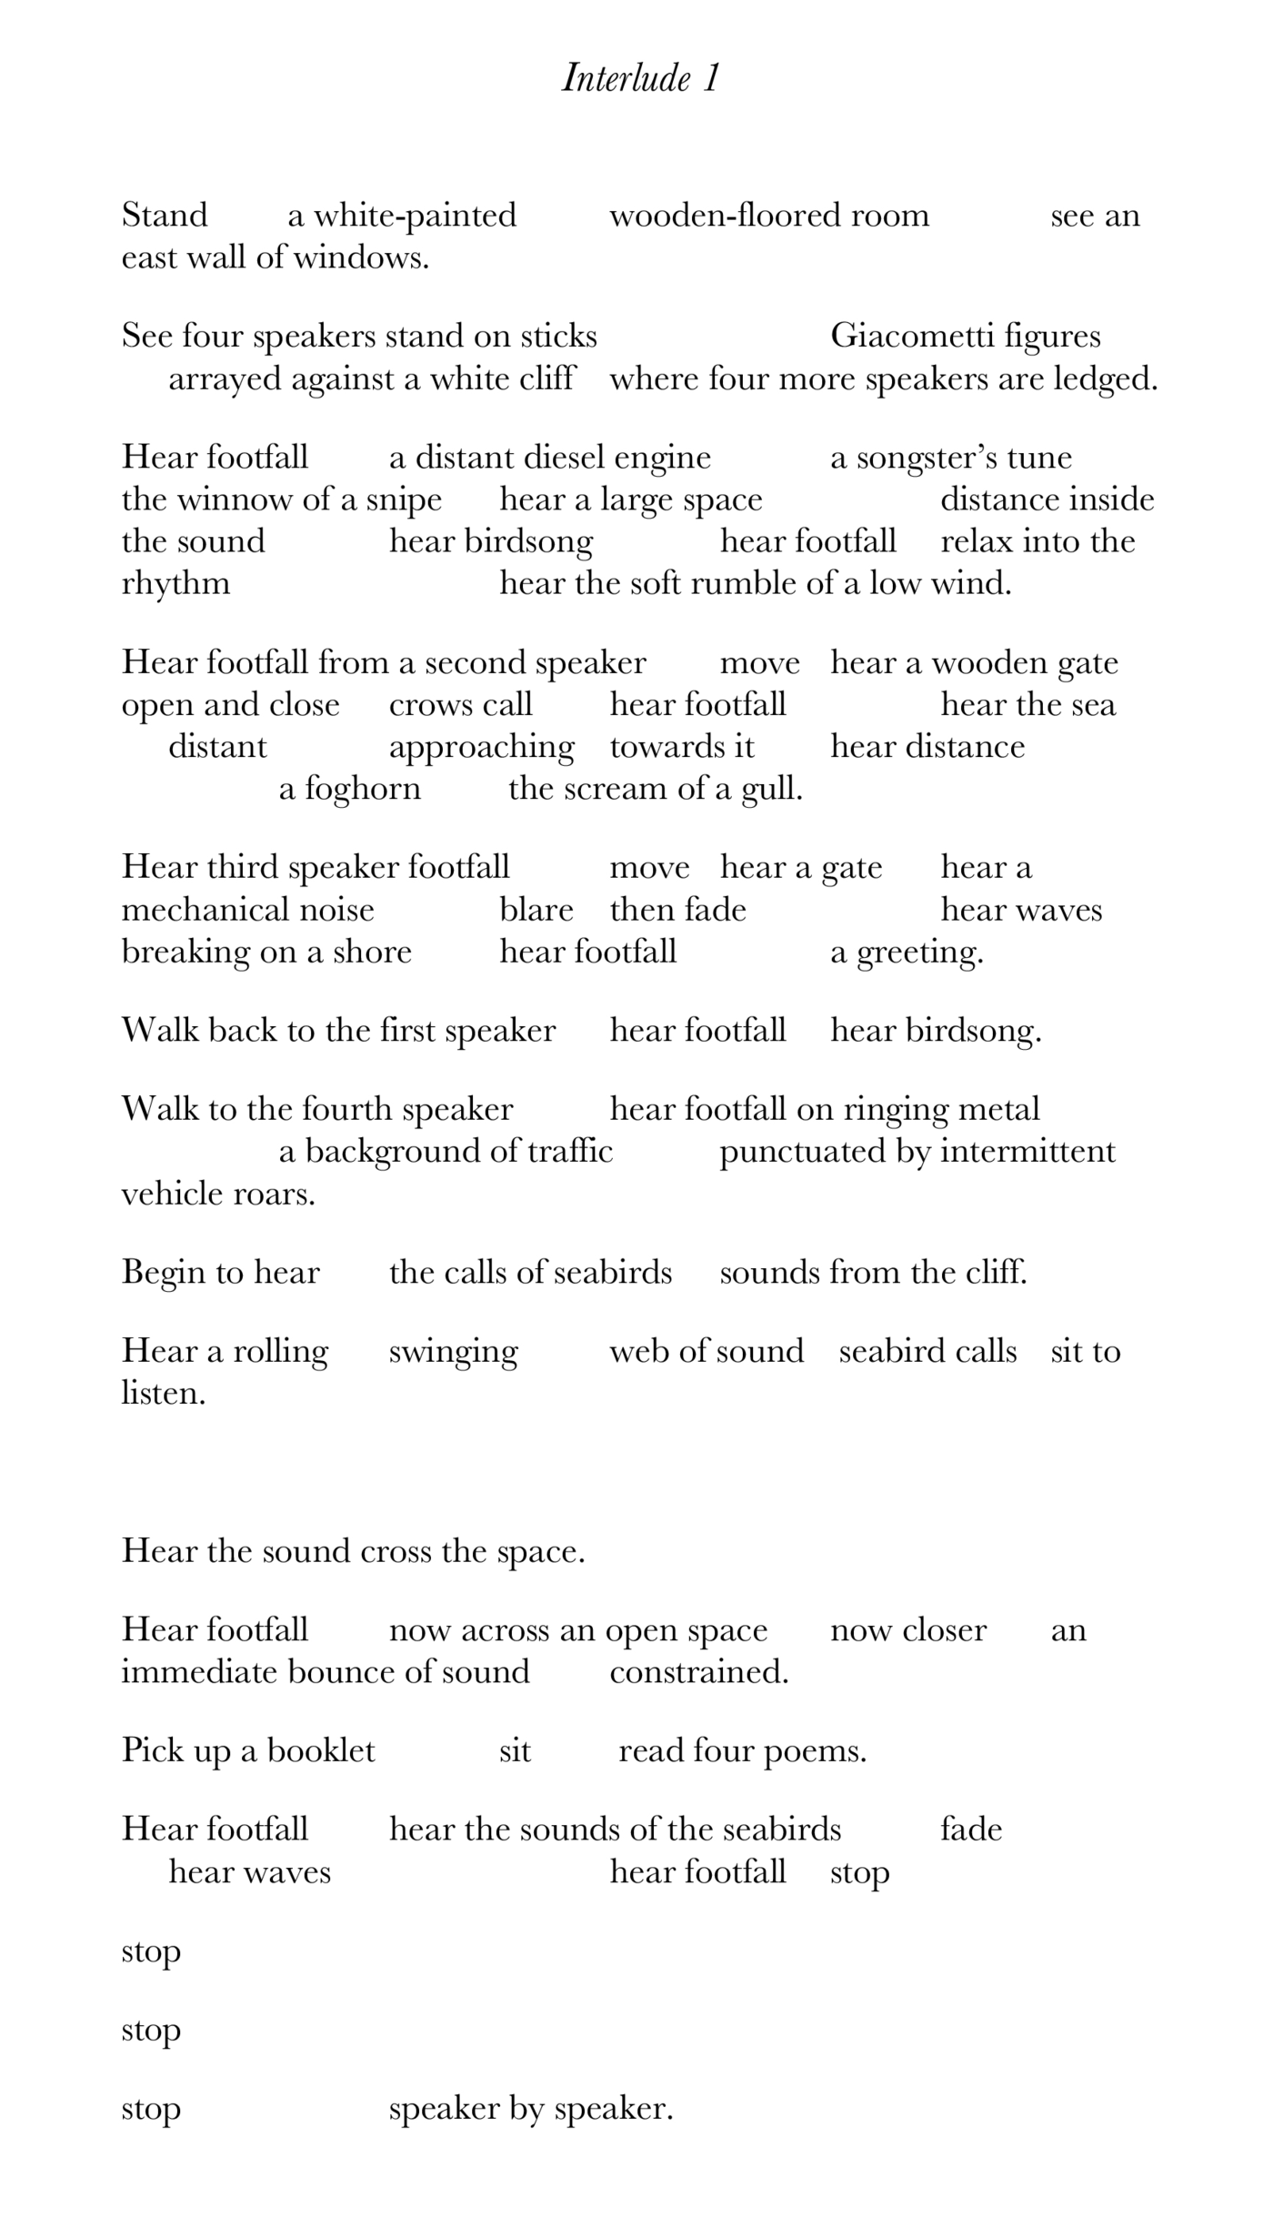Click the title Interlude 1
click(x=640, y=78)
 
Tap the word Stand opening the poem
click(x=165, y=216)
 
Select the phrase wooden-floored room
click(x=769, y=216)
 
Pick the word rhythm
click(x=175, y=584)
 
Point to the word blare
click(x=536, y=910)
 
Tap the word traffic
click(x=571, y=1152)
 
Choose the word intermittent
click(x=1027, y=1152)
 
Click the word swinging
click(x=453, y=1352)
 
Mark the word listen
click(x=163, y=1394)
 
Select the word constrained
click(x=698, y=1672)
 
